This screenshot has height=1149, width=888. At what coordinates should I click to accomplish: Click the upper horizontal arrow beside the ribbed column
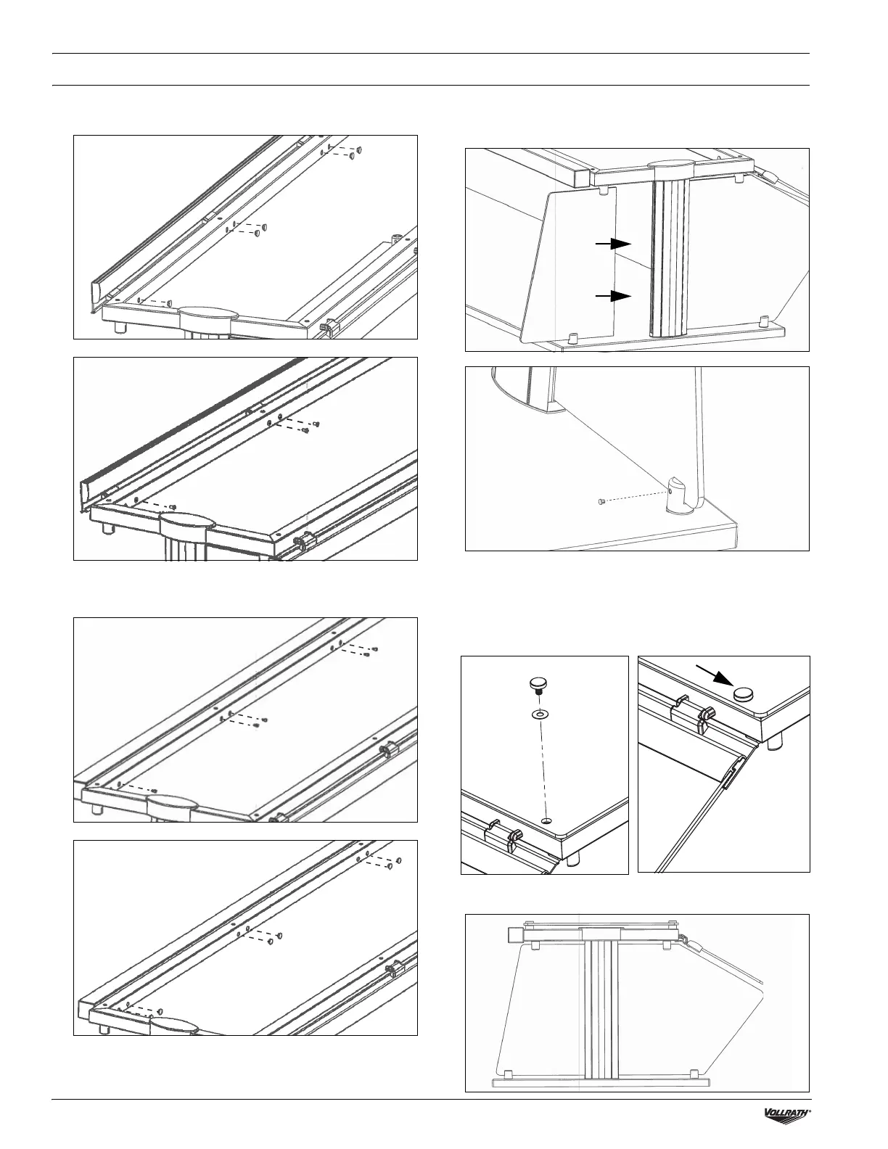point(614,244)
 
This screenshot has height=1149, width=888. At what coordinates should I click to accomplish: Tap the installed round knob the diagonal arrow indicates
point(744,694)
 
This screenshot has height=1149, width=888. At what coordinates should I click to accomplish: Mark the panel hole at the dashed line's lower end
point(546,820)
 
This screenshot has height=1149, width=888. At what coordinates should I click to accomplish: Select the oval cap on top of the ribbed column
point(670,167)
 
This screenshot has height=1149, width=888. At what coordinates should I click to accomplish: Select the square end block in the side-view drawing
point(516,933)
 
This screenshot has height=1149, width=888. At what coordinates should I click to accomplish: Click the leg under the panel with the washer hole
point(575,858)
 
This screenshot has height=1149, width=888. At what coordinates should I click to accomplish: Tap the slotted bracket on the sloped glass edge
point(734,770)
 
